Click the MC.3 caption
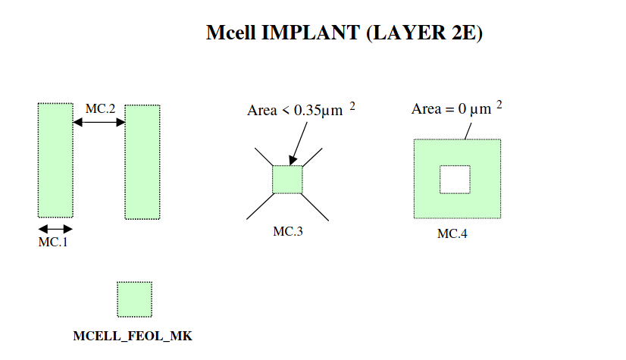click(x=288, y=231)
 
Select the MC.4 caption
click(x=452, y=233)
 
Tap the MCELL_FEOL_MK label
click(x=133, y=335)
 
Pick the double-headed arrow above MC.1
click(x=55, y=228)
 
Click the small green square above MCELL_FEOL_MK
click(x=134, y=299)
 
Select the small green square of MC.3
click(x=288, y=179)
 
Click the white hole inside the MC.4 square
click(x=455, y=179)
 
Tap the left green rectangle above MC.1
click(x=55, y=160)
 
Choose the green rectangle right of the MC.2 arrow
click(x=142, y=162)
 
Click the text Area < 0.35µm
click(x=296, y=111)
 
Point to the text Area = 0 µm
click(x=452, y=109)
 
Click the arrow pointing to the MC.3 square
click(x=297, y=144)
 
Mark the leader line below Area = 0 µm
click(x=468, y=130)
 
